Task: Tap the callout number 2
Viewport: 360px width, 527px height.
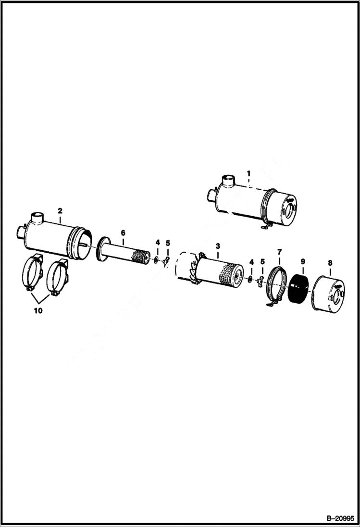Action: point(60,210)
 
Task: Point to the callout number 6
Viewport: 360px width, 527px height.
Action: point(123,233)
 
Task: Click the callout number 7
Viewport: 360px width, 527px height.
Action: point(280,251)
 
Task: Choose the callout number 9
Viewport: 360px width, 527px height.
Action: point(302,262)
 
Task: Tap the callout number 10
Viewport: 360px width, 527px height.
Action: point(38,310)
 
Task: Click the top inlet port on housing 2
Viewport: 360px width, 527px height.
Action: point(37,220)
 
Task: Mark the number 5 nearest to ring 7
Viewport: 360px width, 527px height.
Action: point(262,262)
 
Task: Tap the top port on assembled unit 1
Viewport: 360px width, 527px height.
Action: point(227,182)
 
